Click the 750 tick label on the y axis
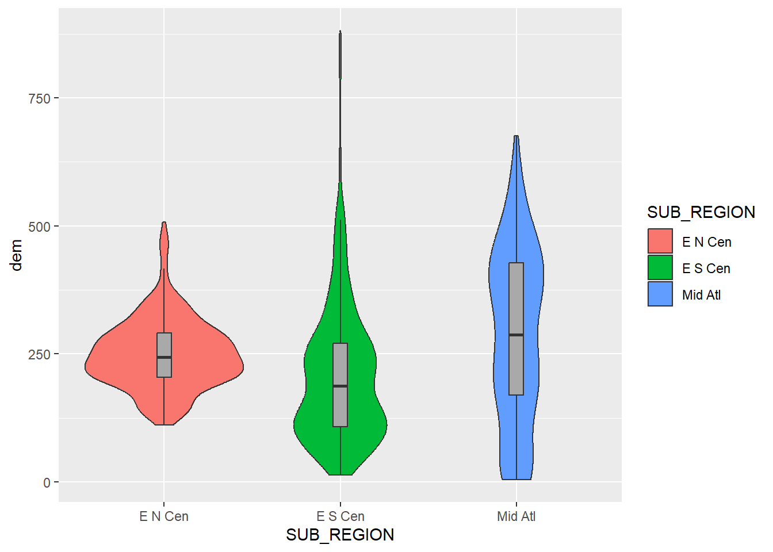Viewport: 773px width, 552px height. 39,98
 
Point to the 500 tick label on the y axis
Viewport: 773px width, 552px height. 39,227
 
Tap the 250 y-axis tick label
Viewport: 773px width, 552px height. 39,354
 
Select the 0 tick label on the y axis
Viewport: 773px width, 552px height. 47,482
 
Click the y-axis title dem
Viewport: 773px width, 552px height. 17,255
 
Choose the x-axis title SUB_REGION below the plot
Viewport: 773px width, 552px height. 340,535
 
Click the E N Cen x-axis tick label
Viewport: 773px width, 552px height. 164,516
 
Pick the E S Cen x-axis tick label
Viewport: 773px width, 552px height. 340,516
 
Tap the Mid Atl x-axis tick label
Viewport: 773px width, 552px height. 516,516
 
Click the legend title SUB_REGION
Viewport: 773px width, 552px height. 701,212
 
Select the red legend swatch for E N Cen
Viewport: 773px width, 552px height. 660,241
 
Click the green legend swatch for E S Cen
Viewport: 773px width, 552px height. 660,268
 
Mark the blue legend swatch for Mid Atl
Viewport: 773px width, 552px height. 660,294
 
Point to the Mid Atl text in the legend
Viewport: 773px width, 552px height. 701,295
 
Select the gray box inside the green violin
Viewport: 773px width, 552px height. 340,408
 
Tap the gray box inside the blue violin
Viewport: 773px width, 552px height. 516,299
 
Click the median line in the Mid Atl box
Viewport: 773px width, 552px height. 516,335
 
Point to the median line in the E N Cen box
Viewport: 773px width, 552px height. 164,357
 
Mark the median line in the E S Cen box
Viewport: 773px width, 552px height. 340,386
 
